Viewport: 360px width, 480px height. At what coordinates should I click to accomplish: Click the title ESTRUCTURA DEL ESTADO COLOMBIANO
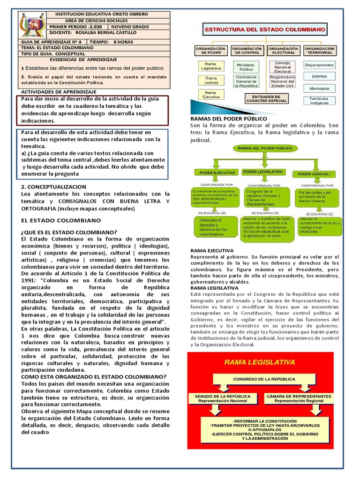click(264, 30)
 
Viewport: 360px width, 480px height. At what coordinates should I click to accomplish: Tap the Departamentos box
click(319, 65)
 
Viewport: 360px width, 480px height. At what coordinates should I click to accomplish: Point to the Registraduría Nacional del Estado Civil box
click(282, 82)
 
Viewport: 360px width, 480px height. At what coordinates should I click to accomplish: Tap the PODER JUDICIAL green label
click(314, 174)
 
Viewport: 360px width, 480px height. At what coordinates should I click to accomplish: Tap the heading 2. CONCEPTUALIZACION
click(54, 186)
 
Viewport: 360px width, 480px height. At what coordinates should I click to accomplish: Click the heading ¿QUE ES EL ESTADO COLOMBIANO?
click(69, 232)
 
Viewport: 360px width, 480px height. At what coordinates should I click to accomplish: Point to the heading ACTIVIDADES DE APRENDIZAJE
click(59, 91)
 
